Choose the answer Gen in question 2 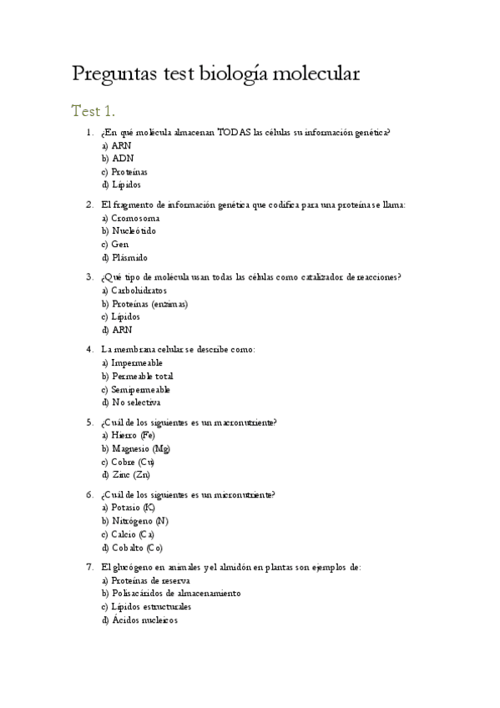(x=119, y=244)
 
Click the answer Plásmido (x=129, y=258)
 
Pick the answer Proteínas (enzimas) (x=149, y=304)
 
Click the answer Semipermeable (x=140, y=390)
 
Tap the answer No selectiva (x=135, y=403)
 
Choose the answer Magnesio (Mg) (x=140, y=448)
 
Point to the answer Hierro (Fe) (x=132, y=435)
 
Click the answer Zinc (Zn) (x=130, y=475)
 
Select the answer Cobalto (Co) (x=136, y=549)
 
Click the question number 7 (x=89, y=566)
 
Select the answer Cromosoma (x=135, y=217)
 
